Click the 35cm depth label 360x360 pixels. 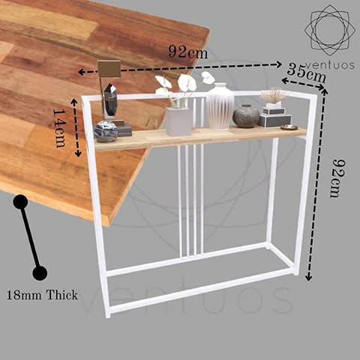click(307, 73)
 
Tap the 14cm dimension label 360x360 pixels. click(59, 128)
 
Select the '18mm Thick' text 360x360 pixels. click(42, 295)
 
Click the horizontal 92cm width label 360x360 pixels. click(188, 52)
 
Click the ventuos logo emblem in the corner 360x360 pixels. click(330, 30)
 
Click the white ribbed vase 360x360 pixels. click(220, 106)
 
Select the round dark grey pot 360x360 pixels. click(246, 116)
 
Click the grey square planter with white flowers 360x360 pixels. click(179, 121)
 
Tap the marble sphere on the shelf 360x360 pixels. click(106, 131)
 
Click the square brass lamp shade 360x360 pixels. click(109, 69)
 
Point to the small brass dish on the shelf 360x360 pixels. click(289, 127)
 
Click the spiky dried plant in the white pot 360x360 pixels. click(274, 96)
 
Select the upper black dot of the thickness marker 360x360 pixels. click(21, 202)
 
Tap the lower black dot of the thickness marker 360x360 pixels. click(40, 273)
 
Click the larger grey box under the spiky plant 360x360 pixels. click(274, 121)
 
